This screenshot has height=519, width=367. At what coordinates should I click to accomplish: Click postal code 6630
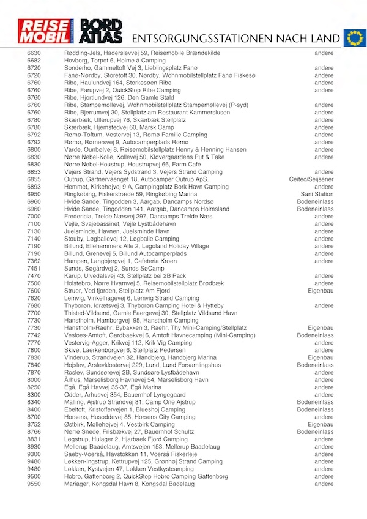click(x=34, y=54)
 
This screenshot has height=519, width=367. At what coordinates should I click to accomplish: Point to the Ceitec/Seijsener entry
click(x=311, y=179)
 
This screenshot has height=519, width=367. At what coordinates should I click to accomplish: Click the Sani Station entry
click(x=317, y=194)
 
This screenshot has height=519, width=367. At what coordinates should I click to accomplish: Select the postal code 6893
click(x=34, y=187)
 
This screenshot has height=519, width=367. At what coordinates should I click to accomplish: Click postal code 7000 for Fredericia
click(x=34, y=216)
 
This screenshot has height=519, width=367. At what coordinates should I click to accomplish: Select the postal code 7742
click(x=34, y=335)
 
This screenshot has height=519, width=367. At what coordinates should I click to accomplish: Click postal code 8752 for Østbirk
click(x=34, y=424)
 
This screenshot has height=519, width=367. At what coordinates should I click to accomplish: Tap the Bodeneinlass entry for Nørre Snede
click(x=315, y=431)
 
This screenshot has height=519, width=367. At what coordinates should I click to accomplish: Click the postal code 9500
click(x=34, y=476)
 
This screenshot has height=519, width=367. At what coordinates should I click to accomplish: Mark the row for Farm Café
click(x=122, y=165)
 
